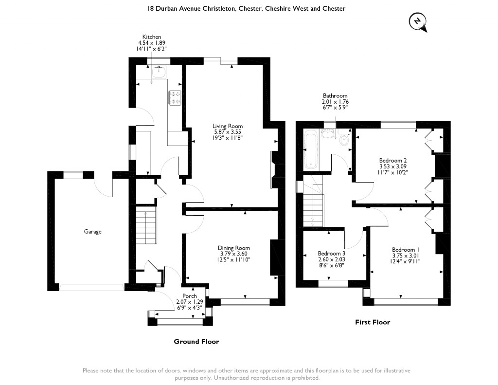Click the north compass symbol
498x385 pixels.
418,22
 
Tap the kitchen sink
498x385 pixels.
159,72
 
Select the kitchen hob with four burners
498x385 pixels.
176,98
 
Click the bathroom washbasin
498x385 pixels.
328,133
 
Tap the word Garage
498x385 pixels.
93,232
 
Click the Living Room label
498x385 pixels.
228,126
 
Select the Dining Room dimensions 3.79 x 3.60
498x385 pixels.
234,254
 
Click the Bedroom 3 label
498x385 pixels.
332,254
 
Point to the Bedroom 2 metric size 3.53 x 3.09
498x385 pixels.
393,166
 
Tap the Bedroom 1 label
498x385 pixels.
406,250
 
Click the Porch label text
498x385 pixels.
190,296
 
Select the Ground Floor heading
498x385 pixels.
196,342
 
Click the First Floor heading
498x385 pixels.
373,322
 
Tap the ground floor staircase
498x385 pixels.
146,225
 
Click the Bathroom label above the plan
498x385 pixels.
335,95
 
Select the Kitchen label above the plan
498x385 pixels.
152,37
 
